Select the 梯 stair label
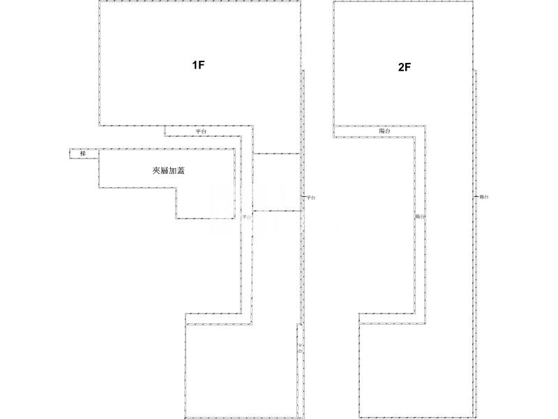click(83, 154)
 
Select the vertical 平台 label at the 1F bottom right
click(299, 348)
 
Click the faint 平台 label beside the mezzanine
click(246, 217)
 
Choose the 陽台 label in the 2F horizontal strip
click(384, 131)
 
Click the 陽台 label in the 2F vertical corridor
click(420, 217)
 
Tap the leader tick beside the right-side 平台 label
click(304, 198)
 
